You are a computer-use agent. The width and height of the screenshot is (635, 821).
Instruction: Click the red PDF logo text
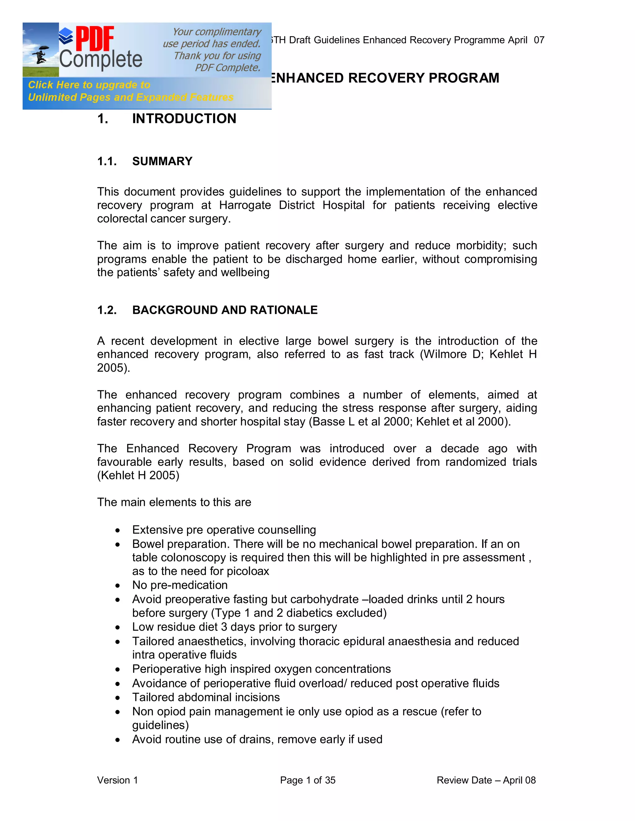pyautogui.click(x=95, y=39)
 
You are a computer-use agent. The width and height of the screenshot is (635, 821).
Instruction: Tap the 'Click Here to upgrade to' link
pyautogui.click(x=89, y=85)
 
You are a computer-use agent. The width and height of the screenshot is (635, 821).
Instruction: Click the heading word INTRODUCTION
pyautogui.click(x=184, y=119)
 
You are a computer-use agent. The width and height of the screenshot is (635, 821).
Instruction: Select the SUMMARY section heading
pyautogui.click(x=162, y=161)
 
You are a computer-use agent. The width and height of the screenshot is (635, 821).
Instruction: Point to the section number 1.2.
pyautogui.click(x=107, y=310)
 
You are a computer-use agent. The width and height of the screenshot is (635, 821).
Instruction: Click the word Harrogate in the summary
pyautogui.click(x=245, y=205)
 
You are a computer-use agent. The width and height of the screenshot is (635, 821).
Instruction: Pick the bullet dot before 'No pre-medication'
pyautogui.click(x=118, y=586)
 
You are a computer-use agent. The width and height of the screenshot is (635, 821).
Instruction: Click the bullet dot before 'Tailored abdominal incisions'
pyautogui.click(x=118, y=698)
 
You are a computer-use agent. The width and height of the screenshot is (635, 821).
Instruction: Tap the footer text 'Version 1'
pyautogui.click(x=118, y=780)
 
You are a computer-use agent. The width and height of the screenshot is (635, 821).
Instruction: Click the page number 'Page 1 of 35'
pyautogui.click(x=307, y=780)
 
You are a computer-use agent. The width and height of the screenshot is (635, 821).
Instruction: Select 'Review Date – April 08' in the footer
pyautogui.click(x=486, y=780)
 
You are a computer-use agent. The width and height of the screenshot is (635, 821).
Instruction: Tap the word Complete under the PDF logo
pyautogui.click(x=101, y=60)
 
